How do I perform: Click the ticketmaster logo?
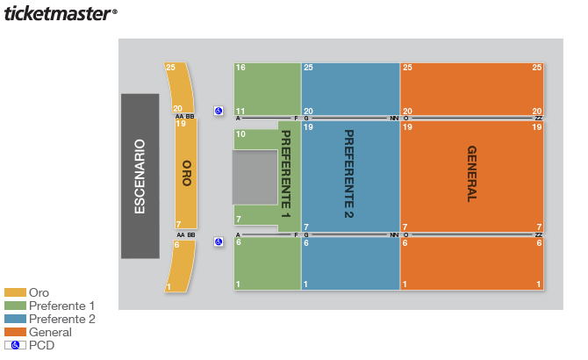click(61, 13)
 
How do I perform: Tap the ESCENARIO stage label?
click(140, 176)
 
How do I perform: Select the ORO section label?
click(187, 173)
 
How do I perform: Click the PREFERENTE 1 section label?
click(286, 174)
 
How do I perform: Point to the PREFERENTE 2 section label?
click(348, 174)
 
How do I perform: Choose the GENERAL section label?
click(472, 174)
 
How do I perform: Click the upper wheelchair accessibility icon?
click(219, 111)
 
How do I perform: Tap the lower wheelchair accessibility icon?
click(219, 241)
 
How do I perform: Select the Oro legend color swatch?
click(16, 292)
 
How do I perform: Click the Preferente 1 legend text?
click(62, 306)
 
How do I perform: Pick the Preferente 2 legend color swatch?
click(16, 319)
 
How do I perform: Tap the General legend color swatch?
click(16, 332)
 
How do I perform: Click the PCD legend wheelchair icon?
click(16, 345)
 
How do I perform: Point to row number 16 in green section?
click(240, 68)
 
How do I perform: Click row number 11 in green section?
click(240, 111)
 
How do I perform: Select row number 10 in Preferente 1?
click(240, 133)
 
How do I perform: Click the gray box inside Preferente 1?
click(255, 177)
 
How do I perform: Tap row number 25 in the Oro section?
click(170, 67)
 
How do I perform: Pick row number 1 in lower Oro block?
click(169, 287)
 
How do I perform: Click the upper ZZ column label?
click(539, 119)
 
